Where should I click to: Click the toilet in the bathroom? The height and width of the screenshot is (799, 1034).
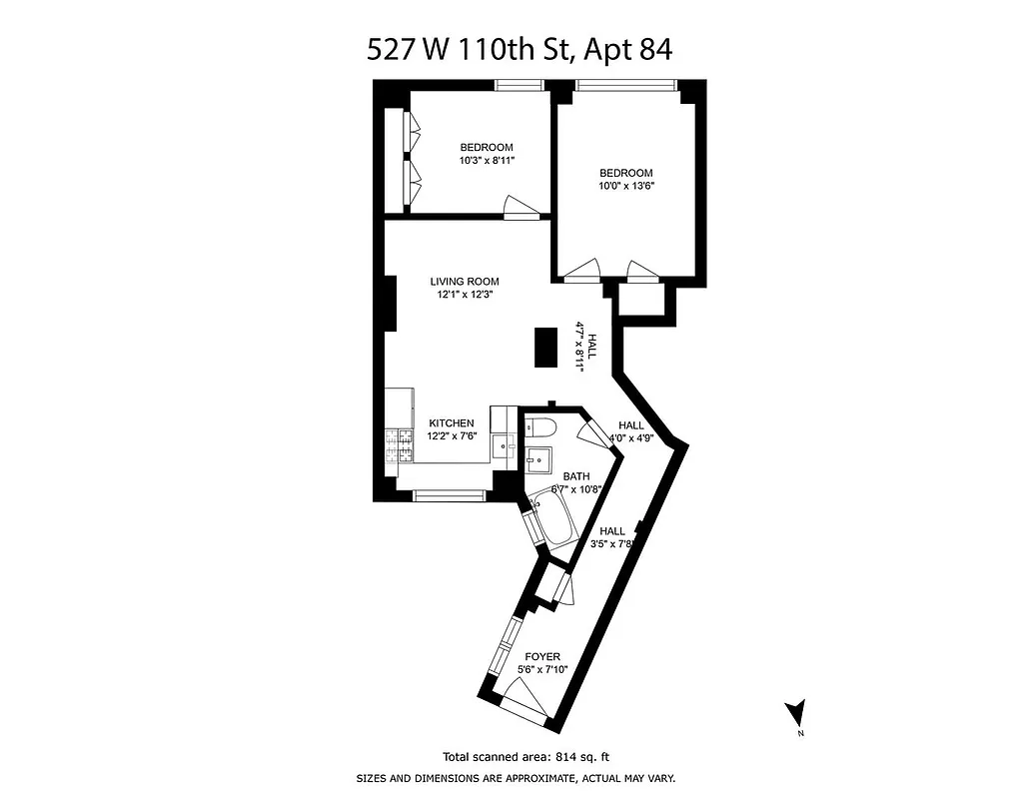540,427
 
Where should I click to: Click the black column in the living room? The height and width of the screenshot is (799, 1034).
545,348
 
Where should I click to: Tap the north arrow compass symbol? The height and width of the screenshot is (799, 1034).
795,714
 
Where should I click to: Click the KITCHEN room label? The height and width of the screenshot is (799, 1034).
452,423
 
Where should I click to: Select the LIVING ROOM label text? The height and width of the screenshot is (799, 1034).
464,282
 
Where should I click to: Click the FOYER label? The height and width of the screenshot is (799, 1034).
542,656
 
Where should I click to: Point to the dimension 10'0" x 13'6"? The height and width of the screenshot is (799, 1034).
626,186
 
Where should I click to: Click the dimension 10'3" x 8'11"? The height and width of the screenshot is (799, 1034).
487,160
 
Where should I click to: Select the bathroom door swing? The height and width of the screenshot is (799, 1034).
596,431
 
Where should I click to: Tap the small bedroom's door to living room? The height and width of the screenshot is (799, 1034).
522,207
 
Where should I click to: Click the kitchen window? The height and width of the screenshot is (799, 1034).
451,494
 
